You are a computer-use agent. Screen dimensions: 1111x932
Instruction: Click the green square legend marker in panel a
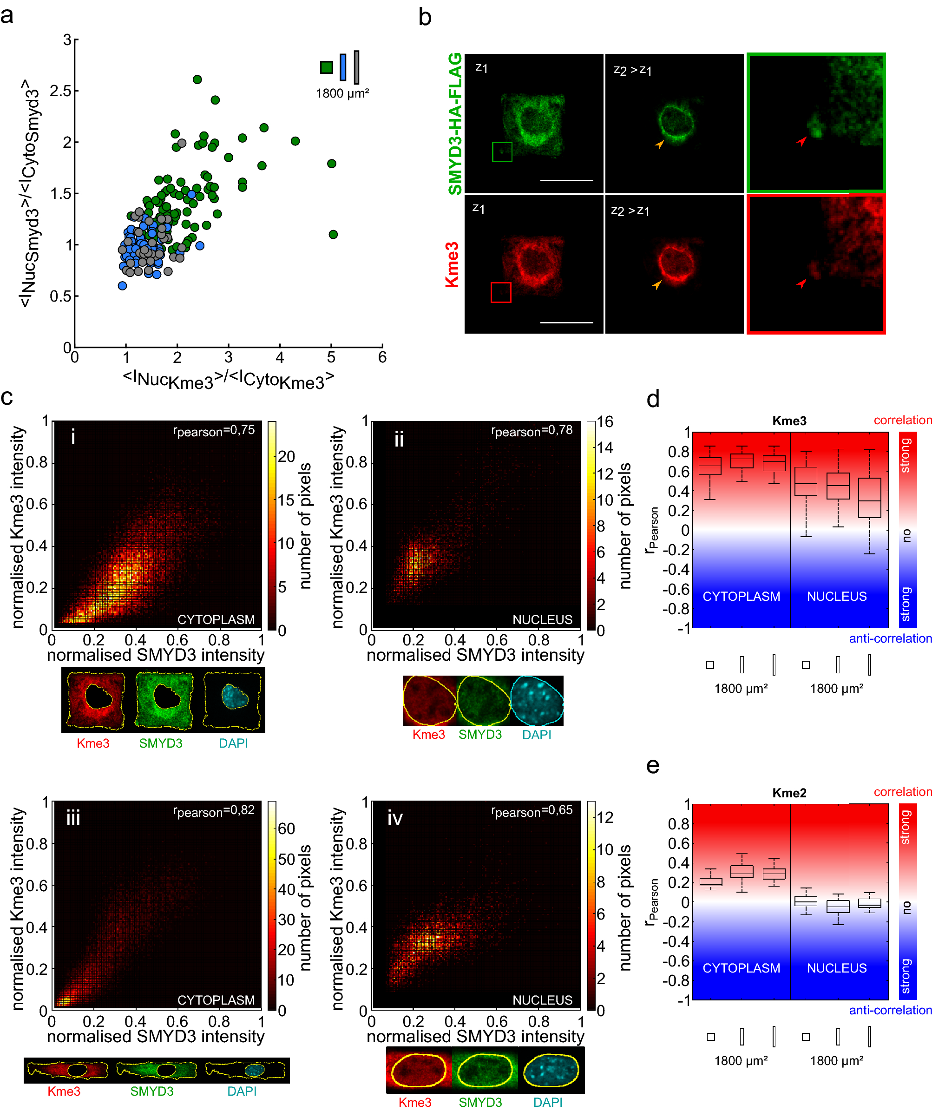(326, 67)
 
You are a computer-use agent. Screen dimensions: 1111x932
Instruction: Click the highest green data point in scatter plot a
(197, 79)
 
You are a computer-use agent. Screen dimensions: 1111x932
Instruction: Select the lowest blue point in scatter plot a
(122, 286)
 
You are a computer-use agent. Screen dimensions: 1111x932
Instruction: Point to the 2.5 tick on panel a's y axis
(64, 91)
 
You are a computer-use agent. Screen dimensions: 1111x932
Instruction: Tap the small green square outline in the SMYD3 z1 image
(502, 152)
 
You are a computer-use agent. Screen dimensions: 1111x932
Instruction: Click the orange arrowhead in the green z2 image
(659, 144)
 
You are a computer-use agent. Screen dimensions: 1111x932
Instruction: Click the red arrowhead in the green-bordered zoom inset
(802, 141)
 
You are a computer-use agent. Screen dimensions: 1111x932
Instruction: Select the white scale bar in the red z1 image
(566, 322)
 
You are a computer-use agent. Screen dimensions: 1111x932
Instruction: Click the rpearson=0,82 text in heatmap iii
(214, 811)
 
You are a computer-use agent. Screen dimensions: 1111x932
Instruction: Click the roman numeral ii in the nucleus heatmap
(399, 439)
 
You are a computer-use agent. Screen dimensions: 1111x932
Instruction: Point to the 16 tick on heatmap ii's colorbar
(604, 421)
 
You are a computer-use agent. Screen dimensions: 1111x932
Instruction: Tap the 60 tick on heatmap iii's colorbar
(286, 828)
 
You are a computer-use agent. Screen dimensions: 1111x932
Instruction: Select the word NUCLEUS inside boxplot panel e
(836, 968)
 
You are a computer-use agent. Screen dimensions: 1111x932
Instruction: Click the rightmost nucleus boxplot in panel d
(869, 498)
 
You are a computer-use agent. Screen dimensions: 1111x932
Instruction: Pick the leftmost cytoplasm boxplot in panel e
(710, 881)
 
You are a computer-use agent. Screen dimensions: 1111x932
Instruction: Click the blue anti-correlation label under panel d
(890, 638)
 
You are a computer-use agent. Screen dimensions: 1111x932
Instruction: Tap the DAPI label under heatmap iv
(547, 1103)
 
